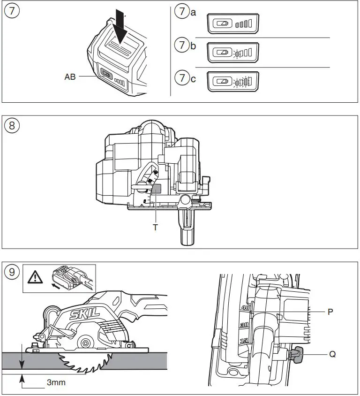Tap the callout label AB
pyautogui.click(x=70, y=77)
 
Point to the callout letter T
pyautogui.click(x=155, y=228)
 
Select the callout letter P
pyautogui.click(x=330, y=311)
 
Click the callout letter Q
pyautogui.click(x=332, y=355)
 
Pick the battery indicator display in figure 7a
pyautogui.click(x=233, y=23)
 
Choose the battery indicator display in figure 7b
pyautogui.click(x=233, y=53)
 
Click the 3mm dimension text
pyautogui.click(x=56, y=382)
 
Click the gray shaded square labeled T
pyautogui.click(x=156, y=188)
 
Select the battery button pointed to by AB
pyautogui.click(x=106, y=74)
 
